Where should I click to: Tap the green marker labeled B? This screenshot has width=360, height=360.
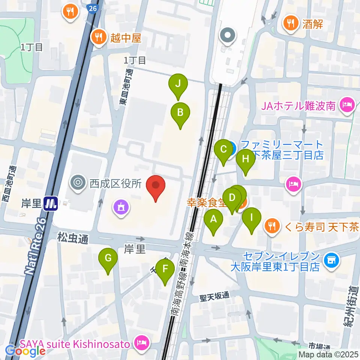tap(180, 112)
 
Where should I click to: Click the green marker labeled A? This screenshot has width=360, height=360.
tap(213, 219)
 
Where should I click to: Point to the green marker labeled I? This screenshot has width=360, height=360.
tap(252, 217)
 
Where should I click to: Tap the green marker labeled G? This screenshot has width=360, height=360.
tap(108, 258)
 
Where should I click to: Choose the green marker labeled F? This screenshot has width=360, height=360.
tap(165, 269)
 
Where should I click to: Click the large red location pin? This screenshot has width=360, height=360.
tap(156, 185)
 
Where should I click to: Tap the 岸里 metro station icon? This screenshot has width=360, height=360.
tap(50, 204)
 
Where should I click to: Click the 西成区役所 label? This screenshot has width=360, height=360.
tap(115, 183)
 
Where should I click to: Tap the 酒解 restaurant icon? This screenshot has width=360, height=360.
tap(290, 24)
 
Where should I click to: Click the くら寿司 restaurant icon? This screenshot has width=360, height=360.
tap(271, 225)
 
